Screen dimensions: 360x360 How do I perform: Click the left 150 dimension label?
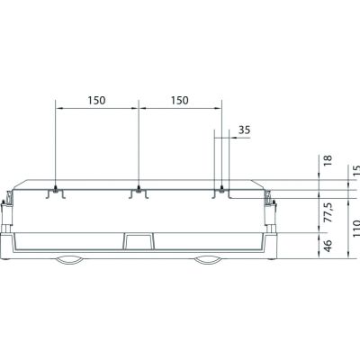pos(96,101)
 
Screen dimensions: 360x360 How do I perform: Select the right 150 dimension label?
pos(180,101)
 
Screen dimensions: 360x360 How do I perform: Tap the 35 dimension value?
pos(244,130)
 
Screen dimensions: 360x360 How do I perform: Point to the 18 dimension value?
pos(328,160)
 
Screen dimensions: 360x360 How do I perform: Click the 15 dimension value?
pos(356,171)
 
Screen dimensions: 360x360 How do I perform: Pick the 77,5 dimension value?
pos(328,212)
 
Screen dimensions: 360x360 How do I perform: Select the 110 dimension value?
pos(356,229)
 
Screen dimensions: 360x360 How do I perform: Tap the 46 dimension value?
pos(328,246)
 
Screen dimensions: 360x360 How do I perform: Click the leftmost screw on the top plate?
pos(56,189)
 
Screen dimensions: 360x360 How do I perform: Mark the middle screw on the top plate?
pos(139,189)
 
